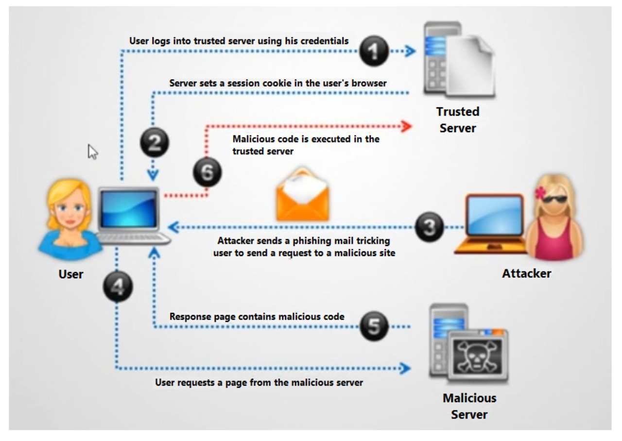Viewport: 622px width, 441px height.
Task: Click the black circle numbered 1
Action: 374,51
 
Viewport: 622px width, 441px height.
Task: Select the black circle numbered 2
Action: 155,142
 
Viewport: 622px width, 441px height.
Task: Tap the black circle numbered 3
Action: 429,227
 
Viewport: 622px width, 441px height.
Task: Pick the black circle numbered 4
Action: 118,287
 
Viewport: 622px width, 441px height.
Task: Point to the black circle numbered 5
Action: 374,326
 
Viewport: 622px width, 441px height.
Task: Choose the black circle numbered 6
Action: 207,172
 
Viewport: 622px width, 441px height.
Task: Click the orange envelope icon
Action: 303,194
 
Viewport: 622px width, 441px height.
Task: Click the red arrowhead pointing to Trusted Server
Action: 407,127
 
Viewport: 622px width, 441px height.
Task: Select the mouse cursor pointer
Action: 92,152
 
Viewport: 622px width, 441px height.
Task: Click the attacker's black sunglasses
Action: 555,199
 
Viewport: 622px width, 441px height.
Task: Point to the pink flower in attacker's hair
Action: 540,192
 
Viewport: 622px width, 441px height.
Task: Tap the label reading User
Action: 71,274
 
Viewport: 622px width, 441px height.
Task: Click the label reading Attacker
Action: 526,273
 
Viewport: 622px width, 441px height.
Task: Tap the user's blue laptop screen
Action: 128,209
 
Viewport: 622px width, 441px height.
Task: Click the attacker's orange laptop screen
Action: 495,215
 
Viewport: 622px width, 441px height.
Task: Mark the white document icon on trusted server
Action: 470,67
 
